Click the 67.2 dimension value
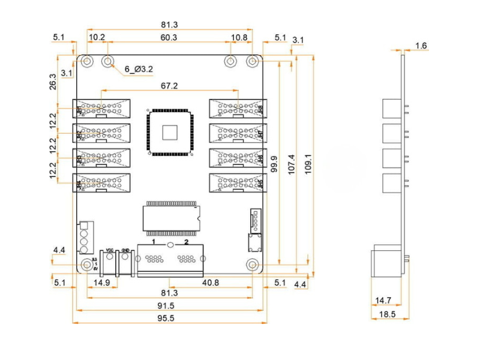coord(170,86)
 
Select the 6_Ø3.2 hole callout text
coord(139,69)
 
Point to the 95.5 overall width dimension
coord(170,318)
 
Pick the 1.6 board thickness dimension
coord(421,46)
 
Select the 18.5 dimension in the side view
coord(386,314)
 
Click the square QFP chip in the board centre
coord(170,131)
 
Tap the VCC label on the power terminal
coord(110,250)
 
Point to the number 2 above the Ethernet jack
coord(187,242)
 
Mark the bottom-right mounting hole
coord(253,264)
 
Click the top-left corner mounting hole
coord(88,61)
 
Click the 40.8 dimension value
coord(210,281)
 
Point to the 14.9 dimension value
coord(101,282)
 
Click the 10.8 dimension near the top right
coord(239,37)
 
